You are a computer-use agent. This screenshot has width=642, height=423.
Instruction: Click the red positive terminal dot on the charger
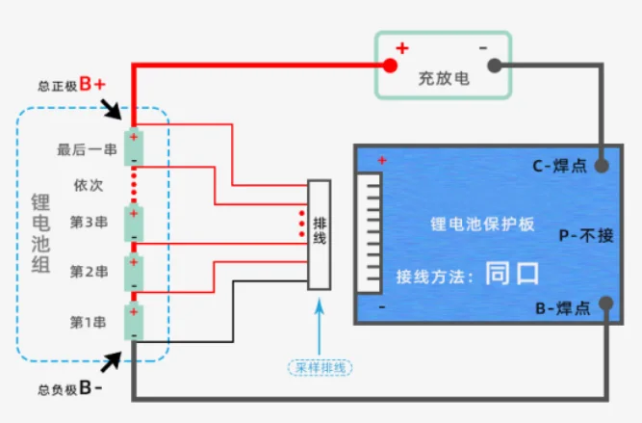click(390, 66)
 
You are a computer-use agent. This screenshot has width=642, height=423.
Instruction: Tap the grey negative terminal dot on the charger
click(495, 66)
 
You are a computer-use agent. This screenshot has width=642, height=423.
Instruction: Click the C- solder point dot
click(601, 166)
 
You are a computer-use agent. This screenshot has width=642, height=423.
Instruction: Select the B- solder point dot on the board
click(606, 304)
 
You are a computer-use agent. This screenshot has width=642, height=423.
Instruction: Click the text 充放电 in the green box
click(444, 78)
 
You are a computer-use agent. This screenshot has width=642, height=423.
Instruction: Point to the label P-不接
click(586, 236)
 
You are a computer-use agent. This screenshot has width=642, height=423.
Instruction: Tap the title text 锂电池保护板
click(482, 225)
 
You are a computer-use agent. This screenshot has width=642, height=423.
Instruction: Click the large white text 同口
click(512, 273)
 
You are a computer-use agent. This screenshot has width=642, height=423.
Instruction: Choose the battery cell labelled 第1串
click(134, 322)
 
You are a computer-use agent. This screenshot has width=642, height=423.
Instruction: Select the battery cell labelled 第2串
click(134, 273)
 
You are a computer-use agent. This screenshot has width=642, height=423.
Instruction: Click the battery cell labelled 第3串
click(134, 224)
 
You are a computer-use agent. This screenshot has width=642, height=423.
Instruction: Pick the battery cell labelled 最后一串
click(134, 147)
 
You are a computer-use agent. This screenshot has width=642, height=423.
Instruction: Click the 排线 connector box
click(320, 235)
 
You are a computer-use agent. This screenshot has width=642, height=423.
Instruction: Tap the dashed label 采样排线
click(320, 368)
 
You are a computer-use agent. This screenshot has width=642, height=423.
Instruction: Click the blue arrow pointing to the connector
click(320, 327)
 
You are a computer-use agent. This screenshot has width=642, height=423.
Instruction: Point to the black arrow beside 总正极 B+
click(111, 109)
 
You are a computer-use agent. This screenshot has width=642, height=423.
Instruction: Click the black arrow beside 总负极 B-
click(111, 361)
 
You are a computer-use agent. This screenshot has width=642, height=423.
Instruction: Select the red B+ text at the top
click(92, 84)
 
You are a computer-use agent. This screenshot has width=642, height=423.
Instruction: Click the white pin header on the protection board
click(370, 233)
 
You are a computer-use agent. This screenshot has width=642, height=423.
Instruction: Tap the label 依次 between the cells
click(89, 185)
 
